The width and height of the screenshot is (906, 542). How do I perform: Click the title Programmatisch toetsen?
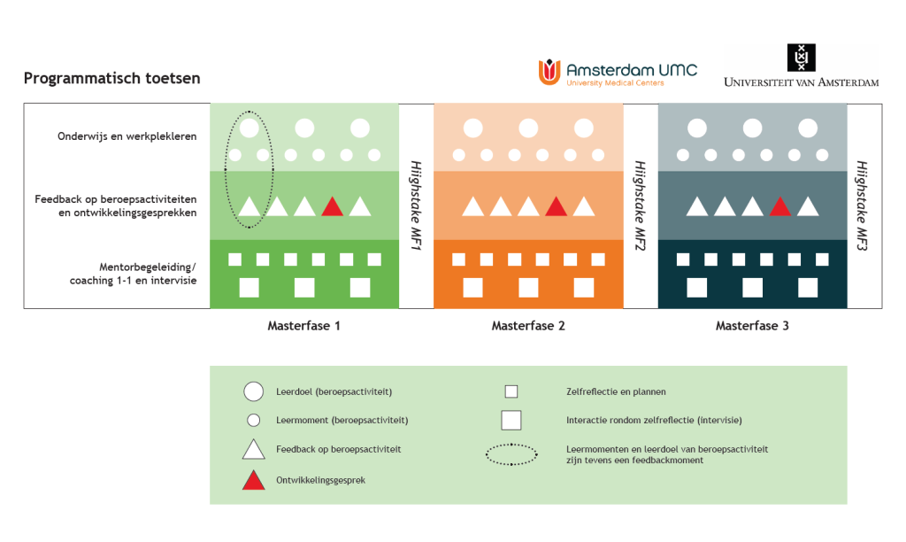111,78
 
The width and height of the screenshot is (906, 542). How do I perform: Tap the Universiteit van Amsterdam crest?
801,58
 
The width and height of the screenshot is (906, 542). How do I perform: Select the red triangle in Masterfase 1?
332,207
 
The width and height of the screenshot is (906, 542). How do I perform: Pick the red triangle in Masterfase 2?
556,207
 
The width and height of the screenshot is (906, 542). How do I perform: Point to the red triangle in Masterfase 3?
779,207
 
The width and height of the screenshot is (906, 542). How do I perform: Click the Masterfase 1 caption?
304,326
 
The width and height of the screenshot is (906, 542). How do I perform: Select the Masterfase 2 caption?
528,326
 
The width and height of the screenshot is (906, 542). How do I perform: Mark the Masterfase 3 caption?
752,326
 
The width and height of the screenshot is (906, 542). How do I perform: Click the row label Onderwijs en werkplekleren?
127,136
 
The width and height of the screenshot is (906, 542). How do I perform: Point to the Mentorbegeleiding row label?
133,274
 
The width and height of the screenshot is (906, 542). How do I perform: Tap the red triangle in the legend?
253,481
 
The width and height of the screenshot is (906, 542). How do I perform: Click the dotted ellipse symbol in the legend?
511,455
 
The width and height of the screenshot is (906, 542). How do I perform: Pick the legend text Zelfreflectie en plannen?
616,391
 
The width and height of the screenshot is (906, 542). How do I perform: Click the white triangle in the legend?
253,450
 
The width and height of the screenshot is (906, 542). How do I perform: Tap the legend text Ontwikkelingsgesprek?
320,480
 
